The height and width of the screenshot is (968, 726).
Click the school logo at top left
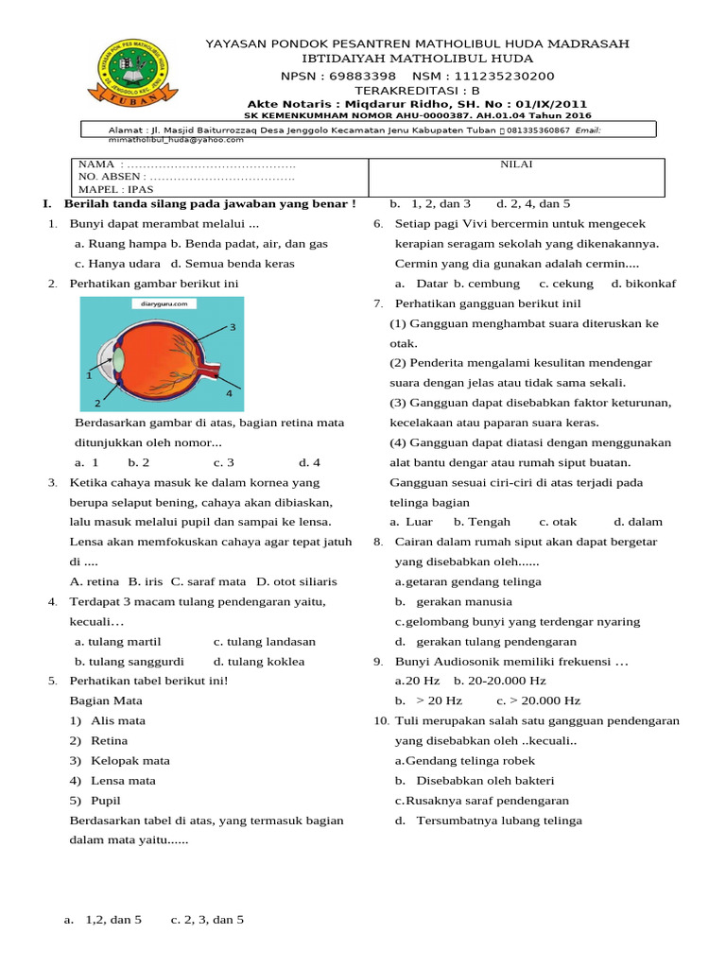(130, 71)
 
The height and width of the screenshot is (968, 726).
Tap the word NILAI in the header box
(515, 164)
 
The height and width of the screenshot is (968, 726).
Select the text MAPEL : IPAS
(115, 189)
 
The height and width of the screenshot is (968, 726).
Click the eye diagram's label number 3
(231, 327)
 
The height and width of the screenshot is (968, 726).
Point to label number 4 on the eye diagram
(228, 391)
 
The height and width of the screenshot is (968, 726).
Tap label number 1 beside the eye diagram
(88, 375)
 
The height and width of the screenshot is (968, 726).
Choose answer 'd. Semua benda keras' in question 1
(233, 264)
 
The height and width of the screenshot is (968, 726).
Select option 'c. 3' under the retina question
(223, 462)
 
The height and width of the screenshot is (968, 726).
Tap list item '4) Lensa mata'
(112, 781)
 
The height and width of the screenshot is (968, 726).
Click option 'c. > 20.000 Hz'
(537, 700)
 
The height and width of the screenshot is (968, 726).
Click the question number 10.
(380, 720)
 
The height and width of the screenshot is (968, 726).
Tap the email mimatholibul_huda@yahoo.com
(164, 139)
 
